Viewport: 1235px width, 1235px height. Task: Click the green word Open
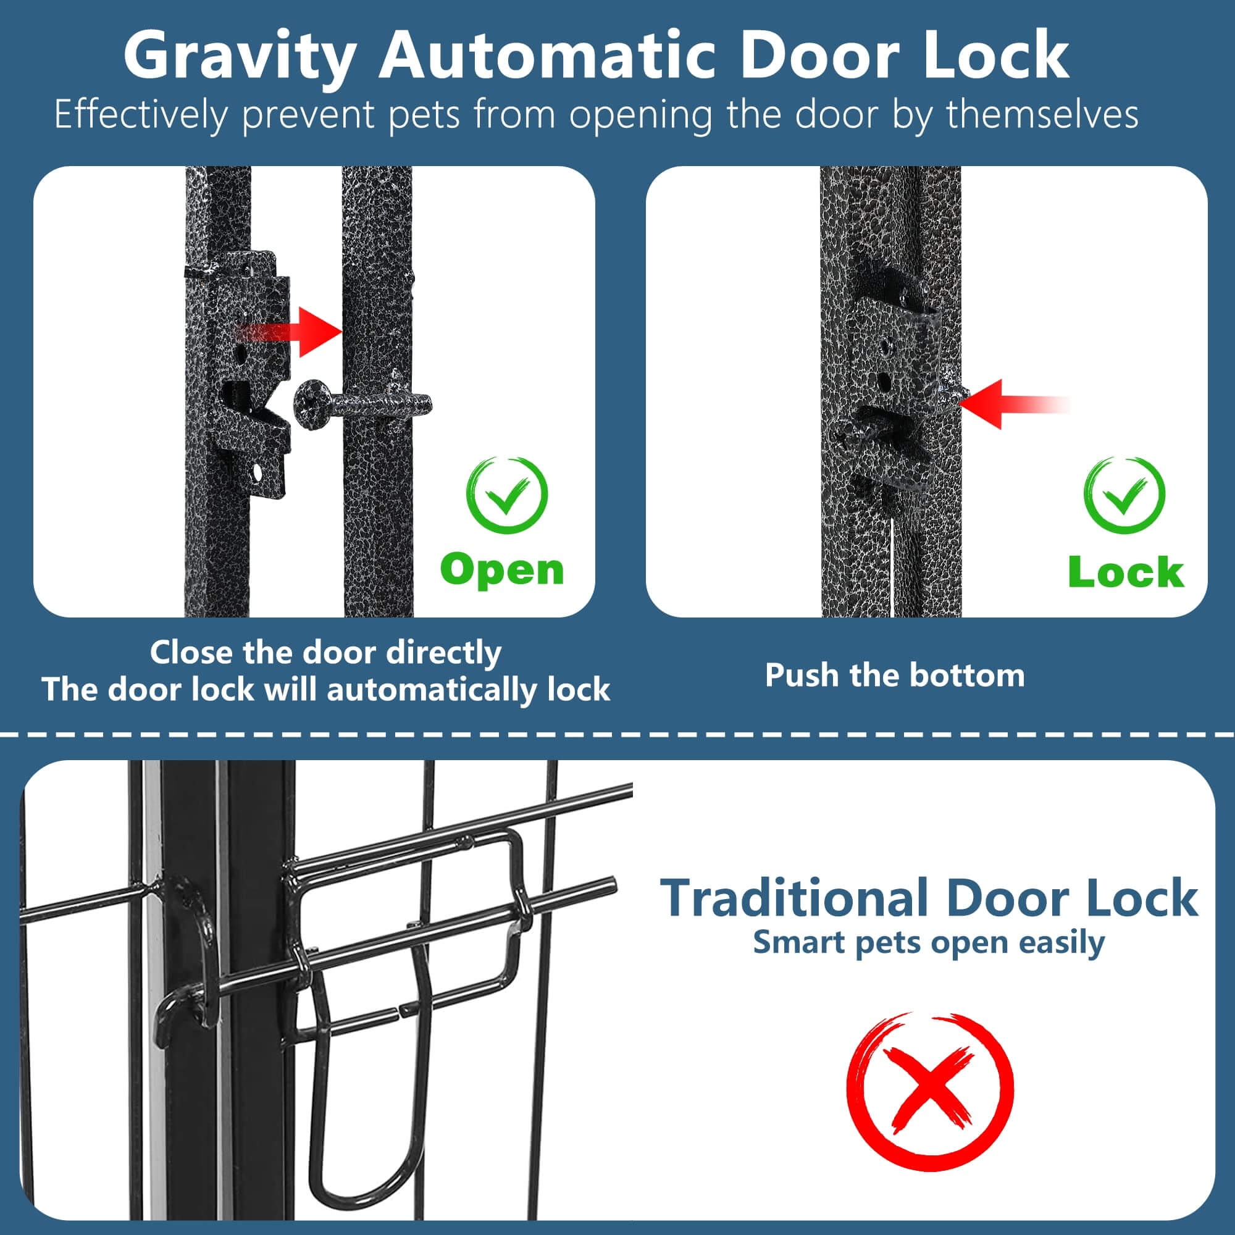pos(502,570)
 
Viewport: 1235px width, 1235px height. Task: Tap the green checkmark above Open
pos(507,495)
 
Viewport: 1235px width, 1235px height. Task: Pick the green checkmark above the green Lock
pos(1124,496)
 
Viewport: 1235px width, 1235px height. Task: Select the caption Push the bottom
pos(895,676)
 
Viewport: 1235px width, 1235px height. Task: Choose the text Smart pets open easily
pos(929,943)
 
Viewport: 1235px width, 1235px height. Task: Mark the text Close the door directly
pos(325,653)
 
